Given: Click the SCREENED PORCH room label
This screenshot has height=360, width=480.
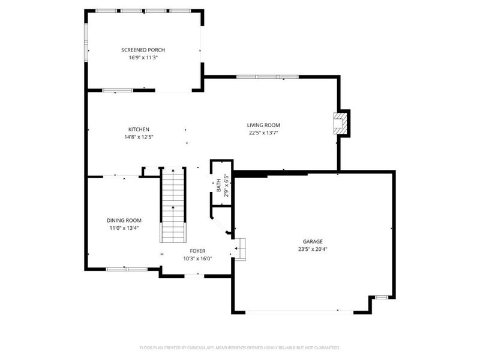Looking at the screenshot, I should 143,50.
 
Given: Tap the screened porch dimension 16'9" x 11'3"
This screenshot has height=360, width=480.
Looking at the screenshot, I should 143,58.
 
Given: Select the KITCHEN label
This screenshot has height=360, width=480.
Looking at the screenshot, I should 139,129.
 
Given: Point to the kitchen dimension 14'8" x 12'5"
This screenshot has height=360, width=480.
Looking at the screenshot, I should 139,137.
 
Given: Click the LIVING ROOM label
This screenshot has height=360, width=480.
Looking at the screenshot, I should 263,125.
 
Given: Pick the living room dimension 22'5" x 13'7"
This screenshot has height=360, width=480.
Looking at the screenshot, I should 263,133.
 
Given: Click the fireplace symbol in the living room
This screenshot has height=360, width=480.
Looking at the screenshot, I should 341,123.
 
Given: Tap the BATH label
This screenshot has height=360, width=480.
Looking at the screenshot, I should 219,187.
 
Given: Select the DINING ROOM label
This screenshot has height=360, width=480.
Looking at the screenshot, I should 124,220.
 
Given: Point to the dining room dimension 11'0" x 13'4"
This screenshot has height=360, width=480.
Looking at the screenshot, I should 124,228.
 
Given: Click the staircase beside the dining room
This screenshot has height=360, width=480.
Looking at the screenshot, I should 173,204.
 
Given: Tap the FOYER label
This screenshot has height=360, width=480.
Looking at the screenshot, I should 198,251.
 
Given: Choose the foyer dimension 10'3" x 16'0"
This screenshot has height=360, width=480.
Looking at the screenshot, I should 198,259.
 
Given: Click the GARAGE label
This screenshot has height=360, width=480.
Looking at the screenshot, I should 313,241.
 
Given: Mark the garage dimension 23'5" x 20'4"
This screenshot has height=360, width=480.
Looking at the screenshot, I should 313,249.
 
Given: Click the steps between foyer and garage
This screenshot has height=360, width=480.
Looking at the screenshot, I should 240,248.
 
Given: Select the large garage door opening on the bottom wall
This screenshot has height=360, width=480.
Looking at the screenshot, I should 300,311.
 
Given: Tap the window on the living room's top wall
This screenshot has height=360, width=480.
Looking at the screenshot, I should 267,77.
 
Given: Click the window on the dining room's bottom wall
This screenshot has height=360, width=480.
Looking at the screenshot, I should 127,268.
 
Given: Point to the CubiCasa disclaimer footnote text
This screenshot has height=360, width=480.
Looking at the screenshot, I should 240,347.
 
